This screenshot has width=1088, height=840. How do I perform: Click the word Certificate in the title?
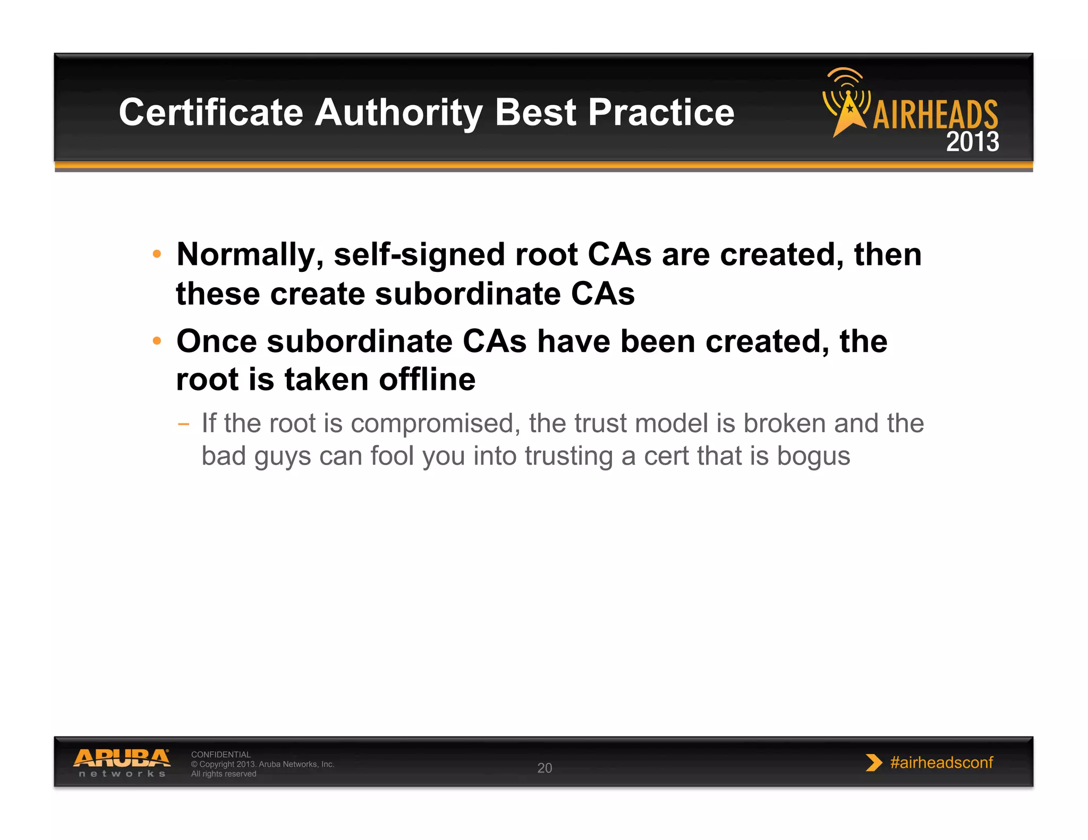(x=210, y=113)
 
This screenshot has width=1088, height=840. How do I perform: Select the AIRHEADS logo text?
(x=935, y=115)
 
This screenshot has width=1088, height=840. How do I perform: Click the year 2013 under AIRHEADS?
(x=972, y=142)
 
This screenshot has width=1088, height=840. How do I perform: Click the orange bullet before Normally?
(x=157, y=254)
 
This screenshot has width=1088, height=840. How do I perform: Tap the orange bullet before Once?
(x=157, y=340)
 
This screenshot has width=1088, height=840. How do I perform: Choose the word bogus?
(x=813, y=456)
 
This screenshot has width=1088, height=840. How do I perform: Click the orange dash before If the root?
(x=183, y=424)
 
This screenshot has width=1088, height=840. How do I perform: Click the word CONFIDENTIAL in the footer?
(x=220, y=755)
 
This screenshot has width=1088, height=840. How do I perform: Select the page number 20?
(x=545, y=768)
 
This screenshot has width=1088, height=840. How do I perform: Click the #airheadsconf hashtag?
(x=941, y=762)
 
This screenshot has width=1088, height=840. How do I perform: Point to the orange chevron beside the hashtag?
(x=873, y=762)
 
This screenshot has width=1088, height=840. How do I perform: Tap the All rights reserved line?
(x=224, y=774)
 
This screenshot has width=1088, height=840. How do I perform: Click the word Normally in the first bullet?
(x=250, y=255)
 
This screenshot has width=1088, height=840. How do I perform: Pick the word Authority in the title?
(x=398, y=113)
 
